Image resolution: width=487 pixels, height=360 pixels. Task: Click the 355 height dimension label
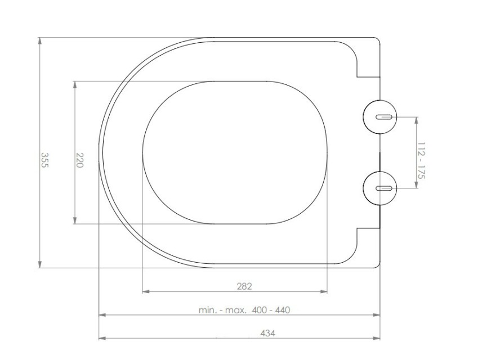click(44, 160)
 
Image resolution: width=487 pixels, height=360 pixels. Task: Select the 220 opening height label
click(80, 160)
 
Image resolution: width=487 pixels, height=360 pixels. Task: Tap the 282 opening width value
click(244, 286)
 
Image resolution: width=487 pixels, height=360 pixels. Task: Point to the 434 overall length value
click(268, 334)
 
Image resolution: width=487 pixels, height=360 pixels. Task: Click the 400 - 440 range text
click(271, 310)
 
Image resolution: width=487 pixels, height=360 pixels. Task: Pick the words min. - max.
click(223, 310)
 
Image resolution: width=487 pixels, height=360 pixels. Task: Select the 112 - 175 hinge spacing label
click(421, 160)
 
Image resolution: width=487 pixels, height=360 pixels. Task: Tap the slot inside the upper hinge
click(385, 117)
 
